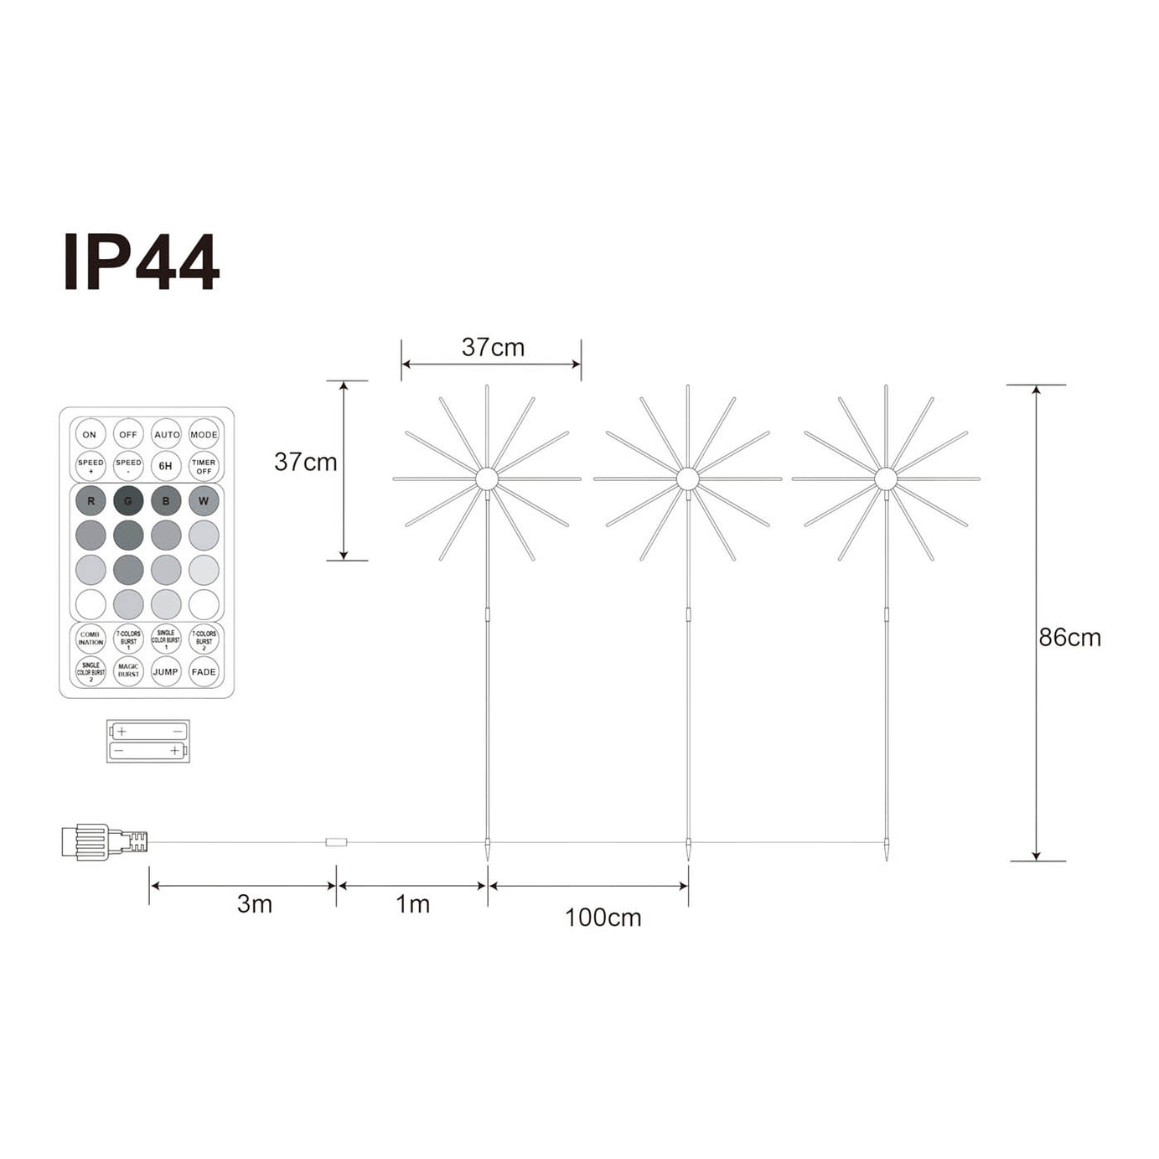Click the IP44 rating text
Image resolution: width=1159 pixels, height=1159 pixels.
tap(142, 262)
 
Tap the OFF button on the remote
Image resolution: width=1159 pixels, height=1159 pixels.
tap(128, 434)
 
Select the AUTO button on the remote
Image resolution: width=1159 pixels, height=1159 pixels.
tap(167, 434)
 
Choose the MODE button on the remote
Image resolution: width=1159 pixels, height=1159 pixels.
tap(204, 434)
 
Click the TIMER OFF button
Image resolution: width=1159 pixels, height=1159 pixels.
tap(204, 467)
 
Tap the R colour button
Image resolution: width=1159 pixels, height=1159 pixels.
tap(91, 501)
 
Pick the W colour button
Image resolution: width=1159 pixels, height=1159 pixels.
tap(204, 501)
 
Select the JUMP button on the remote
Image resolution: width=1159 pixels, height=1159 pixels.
tap(166, 672)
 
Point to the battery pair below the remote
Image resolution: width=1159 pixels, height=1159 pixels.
tap(148, 741)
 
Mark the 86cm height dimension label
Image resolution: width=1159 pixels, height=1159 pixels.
tap(1069, 638)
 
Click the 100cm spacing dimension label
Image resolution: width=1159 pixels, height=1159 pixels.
tap(603, 918)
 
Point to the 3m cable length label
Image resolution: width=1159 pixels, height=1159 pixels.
tap(254, 904)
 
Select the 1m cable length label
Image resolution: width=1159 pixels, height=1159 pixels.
tap(412, 904)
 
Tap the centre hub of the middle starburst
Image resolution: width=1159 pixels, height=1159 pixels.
tap(687, 479)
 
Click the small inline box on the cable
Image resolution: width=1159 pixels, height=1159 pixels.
tap(336, 842)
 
